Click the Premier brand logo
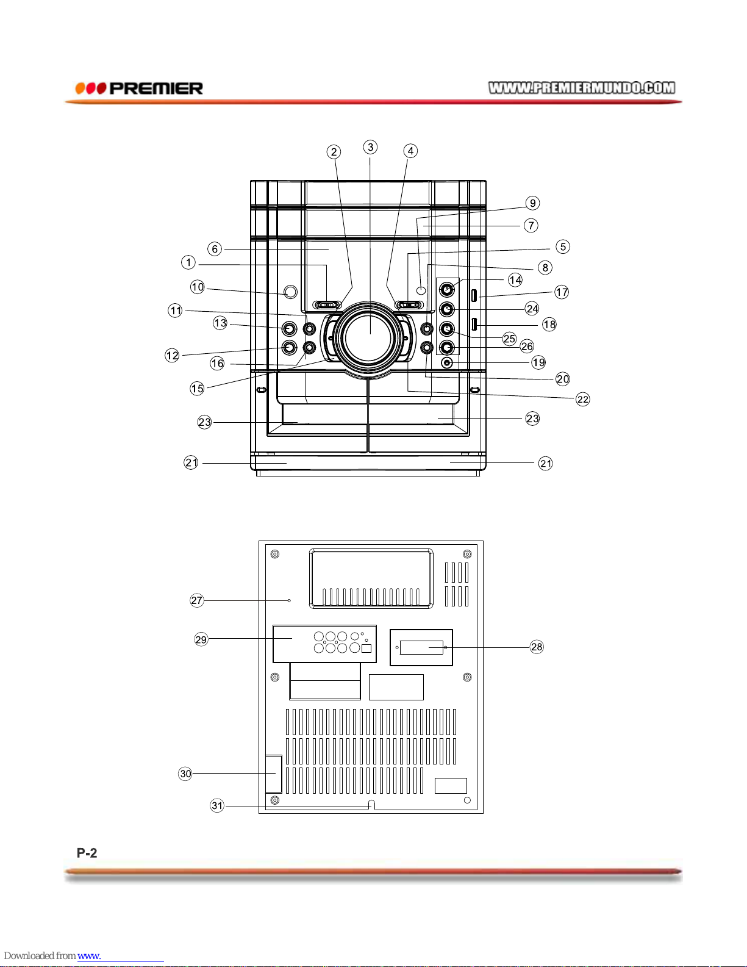139,88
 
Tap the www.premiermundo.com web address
582,88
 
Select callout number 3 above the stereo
370,147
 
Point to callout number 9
532,203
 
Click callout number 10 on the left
198,287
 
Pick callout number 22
582,399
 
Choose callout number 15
197,389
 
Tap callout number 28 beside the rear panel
537,647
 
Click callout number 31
217,805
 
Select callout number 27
197,600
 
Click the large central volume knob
368,338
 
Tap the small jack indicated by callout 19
447,362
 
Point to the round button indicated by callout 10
290,292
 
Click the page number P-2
87,853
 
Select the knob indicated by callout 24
447,309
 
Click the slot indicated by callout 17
474,295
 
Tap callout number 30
185,774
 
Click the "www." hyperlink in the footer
89,955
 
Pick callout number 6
215,249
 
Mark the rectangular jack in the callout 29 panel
366,649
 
